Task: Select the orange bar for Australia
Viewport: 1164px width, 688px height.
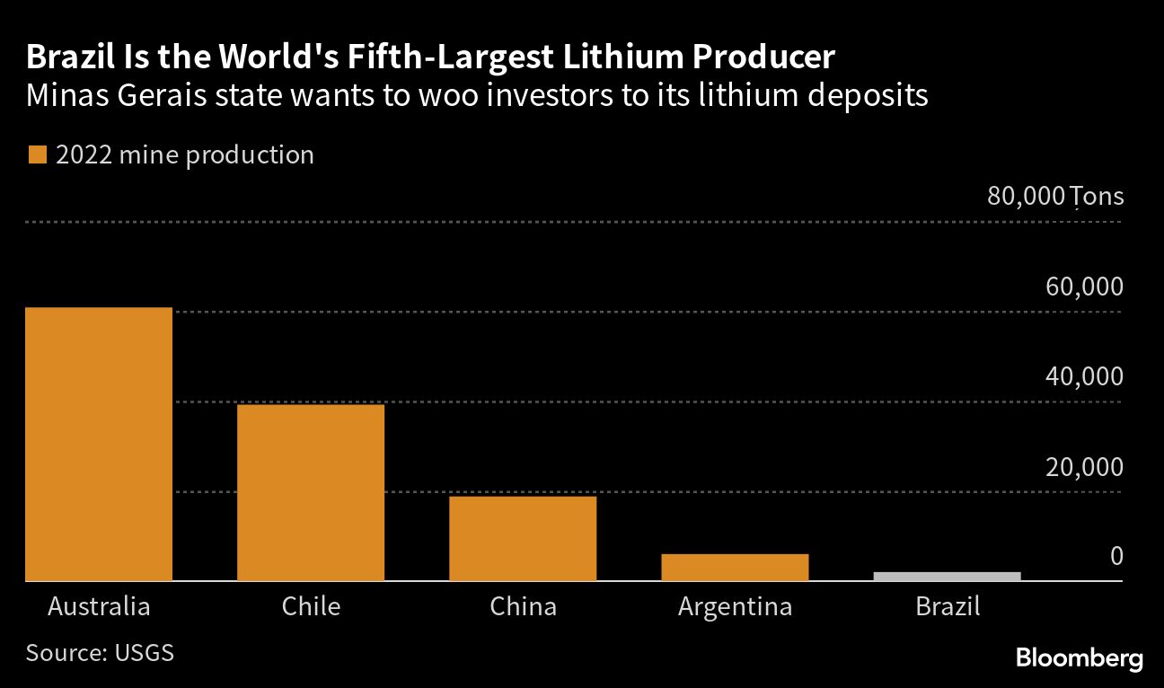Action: [x=99, y=444]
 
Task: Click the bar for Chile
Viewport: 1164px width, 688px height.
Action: [x=311, y=492]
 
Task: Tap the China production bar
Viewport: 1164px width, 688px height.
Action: [x=523, y=538]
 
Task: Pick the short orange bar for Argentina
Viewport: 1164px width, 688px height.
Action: [x=735, y=567]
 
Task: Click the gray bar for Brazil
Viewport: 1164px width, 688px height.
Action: [x=947, y=576]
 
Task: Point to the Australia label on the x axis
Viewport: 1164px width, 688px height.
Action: [x=99, y=606]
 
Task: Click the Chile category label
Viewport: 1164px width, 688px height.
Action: [x=311, y=606]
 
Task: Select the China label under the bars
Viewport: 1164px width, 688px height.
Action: [x=523, y=606]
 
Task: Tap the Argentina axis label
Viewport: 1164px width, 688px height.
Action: [x=735, y=607]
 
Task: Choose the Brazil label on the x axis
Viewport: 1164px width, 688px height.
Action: [x=947, y=606]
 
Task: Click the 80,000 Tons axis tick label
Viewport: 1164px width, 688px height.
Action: [x=1054, y=196]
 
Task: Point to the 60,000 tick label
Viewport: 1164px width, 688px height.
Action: [x=1083, y=287]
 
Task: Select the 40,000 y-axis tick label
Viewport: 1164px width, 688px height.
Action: [x=1083, y=376]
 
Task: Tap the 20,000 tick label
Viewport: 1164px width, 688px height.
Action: [x=1083, y=467]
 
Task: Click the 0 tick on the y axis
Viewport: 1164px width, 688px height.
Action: [x=1115, y=557]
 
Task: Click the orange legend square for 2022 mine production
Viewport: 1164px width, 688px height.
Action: [x=37, y=155]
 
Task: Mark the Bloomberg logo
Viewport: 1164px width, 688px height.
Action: [x=1079, y=658]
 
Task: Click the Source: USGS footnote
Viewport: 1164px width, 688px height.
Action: [x=100, y=652]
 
